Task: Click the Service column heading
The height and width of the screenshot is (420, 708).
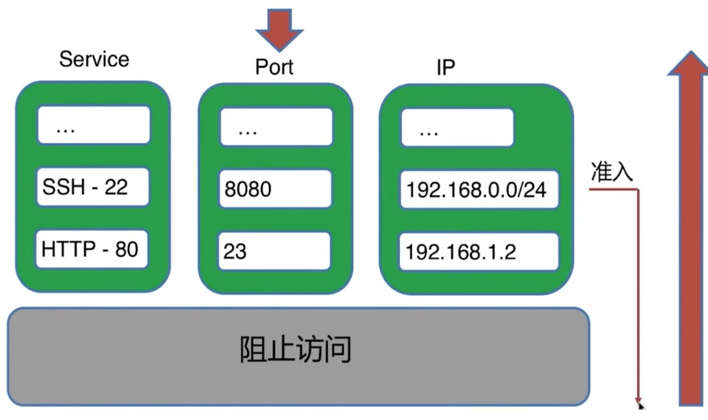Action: (94, 59)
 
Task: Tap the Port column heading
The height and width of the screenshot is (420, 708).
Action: (274, 67)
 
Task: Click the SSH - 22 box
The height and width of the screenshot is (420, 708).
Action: (93, 187)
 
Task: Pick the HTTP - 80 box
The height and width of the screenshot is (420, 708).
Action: (93, 249)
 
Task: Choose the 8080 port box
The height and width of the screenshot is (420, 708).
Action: (275, 189)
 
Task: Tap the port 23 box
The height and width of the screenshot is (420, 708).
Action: (275, 250)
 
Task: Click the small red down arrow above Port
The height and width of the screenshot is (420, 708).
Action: (279, 29)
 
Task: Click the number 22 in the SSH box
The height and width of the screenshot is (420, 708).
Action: (116, 187)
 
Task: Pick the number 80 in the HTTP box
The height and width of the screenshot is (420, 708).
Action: (126, 249)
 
